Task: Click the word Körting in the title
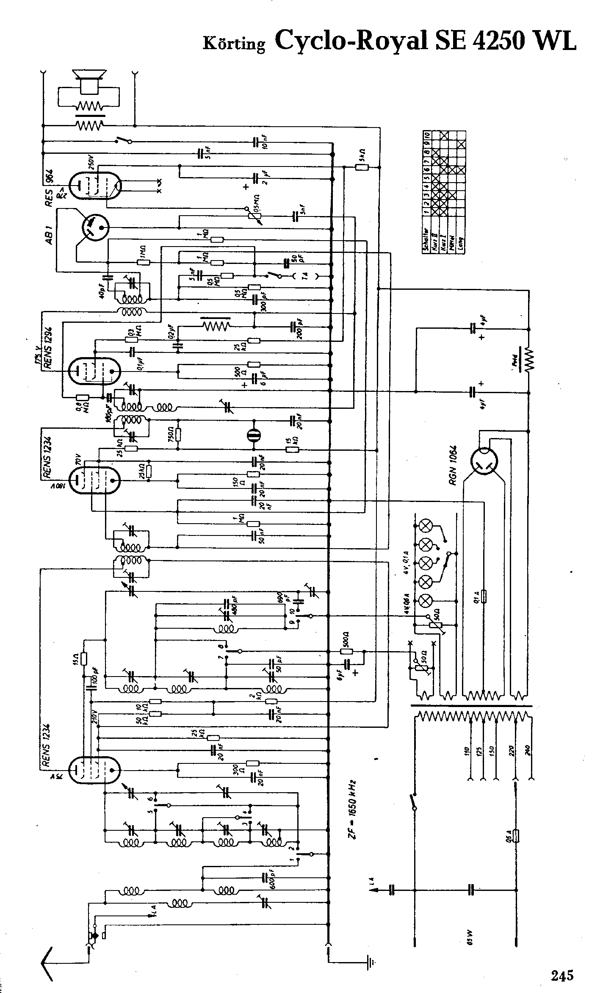234,43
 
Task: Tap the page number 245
562,963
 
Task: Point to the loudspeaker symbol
89,82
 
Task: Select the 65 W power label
472,939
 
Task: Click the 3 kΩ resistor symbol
361,168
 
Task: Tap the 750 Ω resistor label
170,434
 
